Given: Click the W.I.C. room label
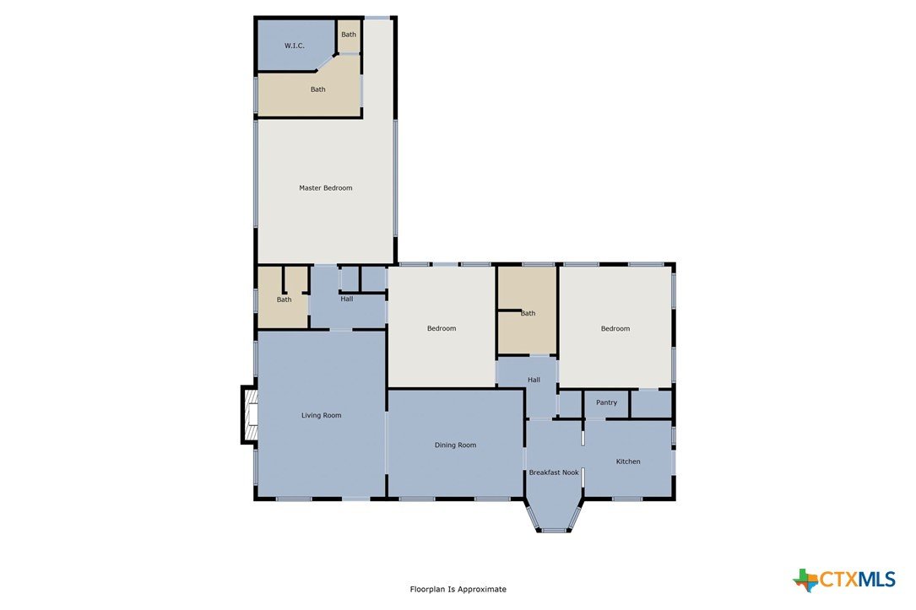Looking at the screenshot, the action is click(x=295, y=46).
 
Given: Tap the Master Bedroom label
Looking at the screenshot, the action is click(x=325, y=188).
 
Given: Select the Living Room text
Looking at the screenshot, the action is click(x=322, y=416).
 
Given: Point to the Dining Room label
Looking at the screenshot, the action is click(x=455, y=445).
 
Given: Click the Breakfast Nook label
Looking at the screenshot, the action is click(x=554, y=472).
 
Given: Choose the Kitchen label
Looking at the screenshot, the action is click(x=628, y=462).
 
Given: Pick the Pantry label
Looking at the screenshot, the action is click(x=606, y=402).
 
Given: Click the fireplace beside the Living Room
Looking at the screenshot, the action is click(x=249, y=414).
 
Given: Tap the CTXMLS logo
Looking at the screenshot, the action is click(x=843, y=580).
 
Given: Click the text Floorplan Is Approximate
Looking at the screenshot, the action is click(x=458, y=590).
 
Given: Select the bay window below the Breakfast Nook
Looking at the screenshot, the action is click(x=553, y=516).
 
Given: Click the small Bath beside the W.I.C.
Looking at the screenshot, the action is click(x=349, y=35).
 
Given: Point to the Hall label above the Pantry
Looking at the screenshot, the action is click(x=534, y=380).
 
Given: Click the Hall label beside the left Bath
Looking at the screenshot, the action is click(x=347, y=299).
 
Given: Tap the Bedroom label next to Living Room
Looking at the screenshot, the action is click(x=442, y=329).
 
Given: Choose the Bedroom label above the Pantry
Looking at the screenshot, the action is click(x=615, y=329).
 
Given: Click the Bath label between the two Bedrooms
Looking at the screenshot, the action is click(x=528, y=314).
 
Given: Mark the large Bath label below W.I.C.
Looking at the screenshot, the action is click(x=317, y=89).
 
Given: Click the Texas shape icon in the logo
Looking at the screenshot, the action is click(x=805, y=580).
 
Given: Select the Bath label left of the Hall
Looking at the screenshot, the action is click(x=284, y=300).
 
